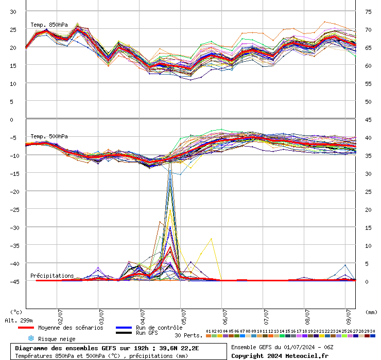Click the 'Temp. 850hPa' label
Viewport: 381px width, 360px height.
click(x=49, y=25)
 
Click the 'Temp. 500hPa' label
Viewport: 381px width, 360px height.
click(x=49, y=136)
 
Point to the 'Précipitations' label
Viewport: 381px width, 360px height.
click(x=52, y=276)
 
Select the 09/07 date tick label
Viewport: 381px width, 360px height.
click(x=349, y=314)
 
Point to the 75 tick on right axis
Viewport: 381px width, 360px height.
click(x=368, y=11)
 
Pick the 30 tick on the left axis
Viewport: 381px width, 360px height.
click(x=13, y=11)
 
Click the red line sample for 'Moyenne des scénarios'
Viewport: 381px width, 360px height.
click(x=25, y=328)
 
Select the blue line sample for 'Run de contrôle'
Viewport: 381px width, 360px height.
click(x=124, y=328)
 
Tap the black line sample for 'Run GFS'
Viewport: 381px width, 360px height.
click(x=124, y=333)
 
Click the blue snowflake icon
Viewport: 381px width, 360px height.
click(x=30, y=338)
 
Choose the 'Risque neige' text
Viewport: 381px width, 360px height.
click(x=57, y=339)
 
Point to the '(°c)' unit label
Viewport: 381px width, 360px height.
click(x=16, y=312)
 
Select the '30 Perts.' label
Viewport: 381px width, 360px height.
click(x=188, y=335)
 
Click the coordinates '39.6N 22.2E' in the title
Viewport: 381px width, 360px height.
click(x=173, y=348)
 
